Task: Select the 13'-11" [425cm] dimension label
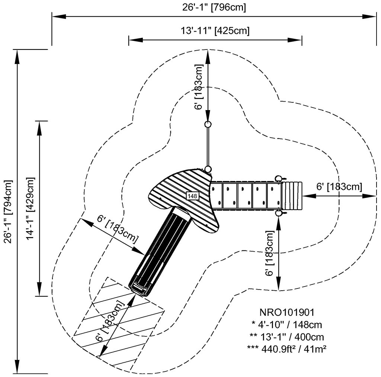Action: (215, 31)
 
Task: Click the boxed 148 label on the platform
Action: (192, 195)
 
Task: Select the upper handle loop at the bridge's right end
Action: (279, 178)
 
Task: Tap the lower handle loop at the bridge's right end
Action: (279, 214)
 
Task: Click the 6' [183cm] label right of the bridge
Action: (339, 186)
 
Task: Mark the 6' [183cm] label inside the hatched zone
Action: (110, 321)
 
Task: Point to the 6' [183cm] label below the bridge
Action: (270, 253)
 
